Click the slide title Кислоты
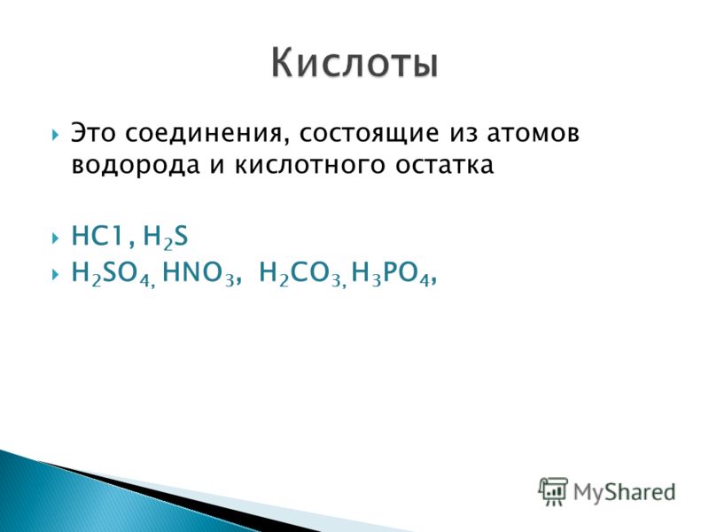click(355, 63)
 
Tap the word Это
click(93, 134)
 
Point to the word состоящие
click(369, 135)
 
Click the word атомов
click(534, 135)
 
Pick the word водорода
click(136, 166)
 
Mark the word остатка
click(445, 166)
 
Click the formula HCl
click(97, 236)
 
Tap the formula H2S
click(165, 237)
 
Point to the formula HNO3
click(198, 274)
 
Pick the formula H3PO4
click(390, 274)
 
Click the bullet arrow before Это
click(55, 135)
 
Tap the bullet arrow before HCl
click(55, 238)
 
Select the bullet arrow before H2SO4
click(55, 274)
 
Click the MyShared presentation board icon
click(552, 492)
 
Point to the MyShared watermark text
click(625, 492)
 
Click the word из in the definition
click(463, 135)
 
